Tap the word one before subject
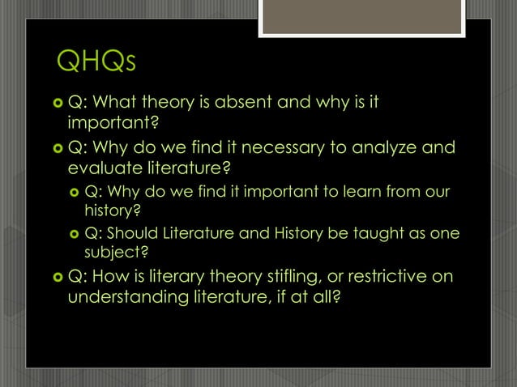click(x=446, y=233)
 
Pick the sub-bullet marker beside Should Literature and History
click(x=74, y=234)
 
